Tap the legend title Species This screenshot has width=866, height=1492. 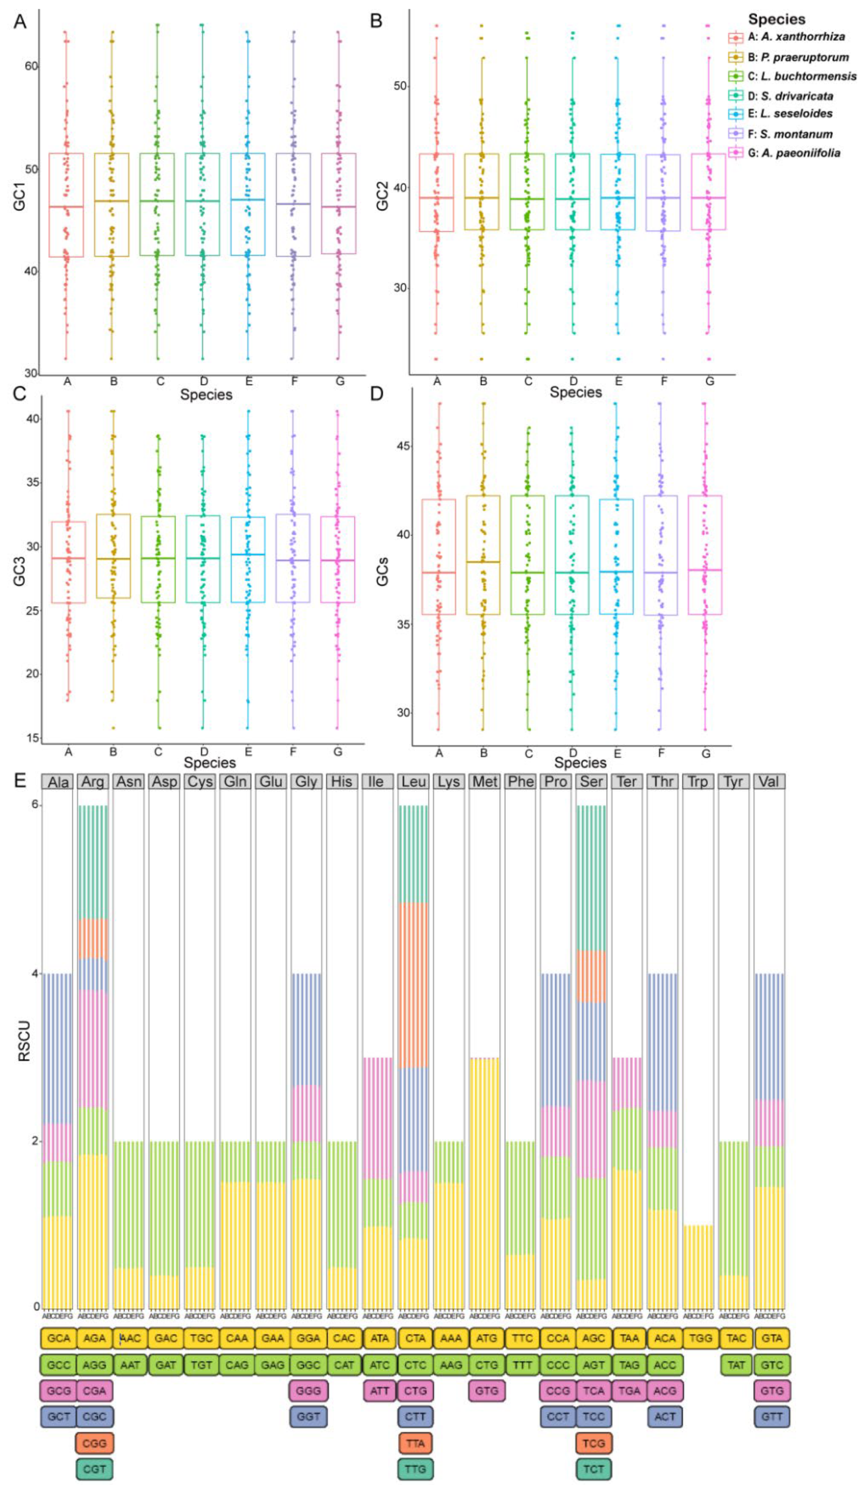point(776,19)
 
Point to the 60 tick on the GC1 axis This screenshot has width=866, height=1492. point(31,66)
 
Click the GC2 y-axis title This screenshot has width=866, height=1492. point(382,196)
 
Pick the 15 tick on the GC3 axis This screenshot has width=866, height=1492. point(33,738)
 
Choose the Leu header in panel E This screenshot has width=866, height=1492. point(413,782)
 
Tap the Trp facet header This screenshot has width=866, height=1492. point(698,782)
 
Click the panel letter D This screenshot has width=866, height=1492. point(377,393)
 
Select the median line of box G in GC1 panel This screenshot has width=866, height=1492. point(339,207)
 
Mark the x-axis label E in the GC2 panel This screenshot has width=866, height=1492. point(618,382)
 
